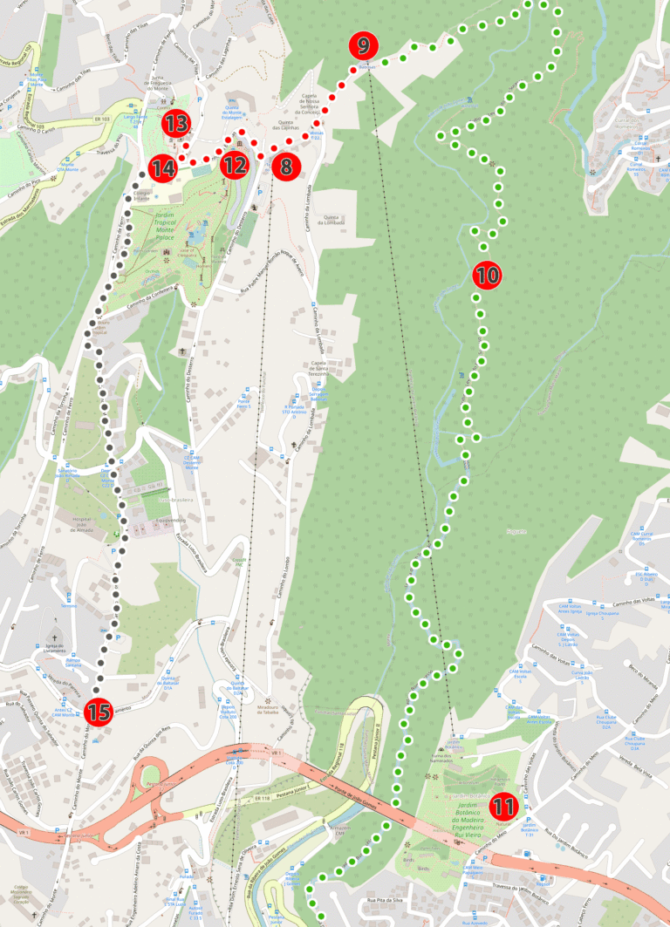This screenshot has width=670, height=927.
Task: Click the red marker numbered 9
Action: (363, 46)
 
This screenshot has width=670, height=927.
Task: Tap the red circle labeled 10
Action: (487, 276)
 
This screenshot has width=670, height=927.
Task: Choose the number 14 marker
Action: (162, 167)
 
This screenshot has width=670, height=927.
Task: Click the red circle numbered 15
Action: (98, 712)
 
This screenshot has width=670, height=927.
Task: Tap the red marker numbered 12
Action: (234, 165)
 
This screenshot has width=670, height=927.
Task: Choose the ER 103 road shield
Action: (102, 119)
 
